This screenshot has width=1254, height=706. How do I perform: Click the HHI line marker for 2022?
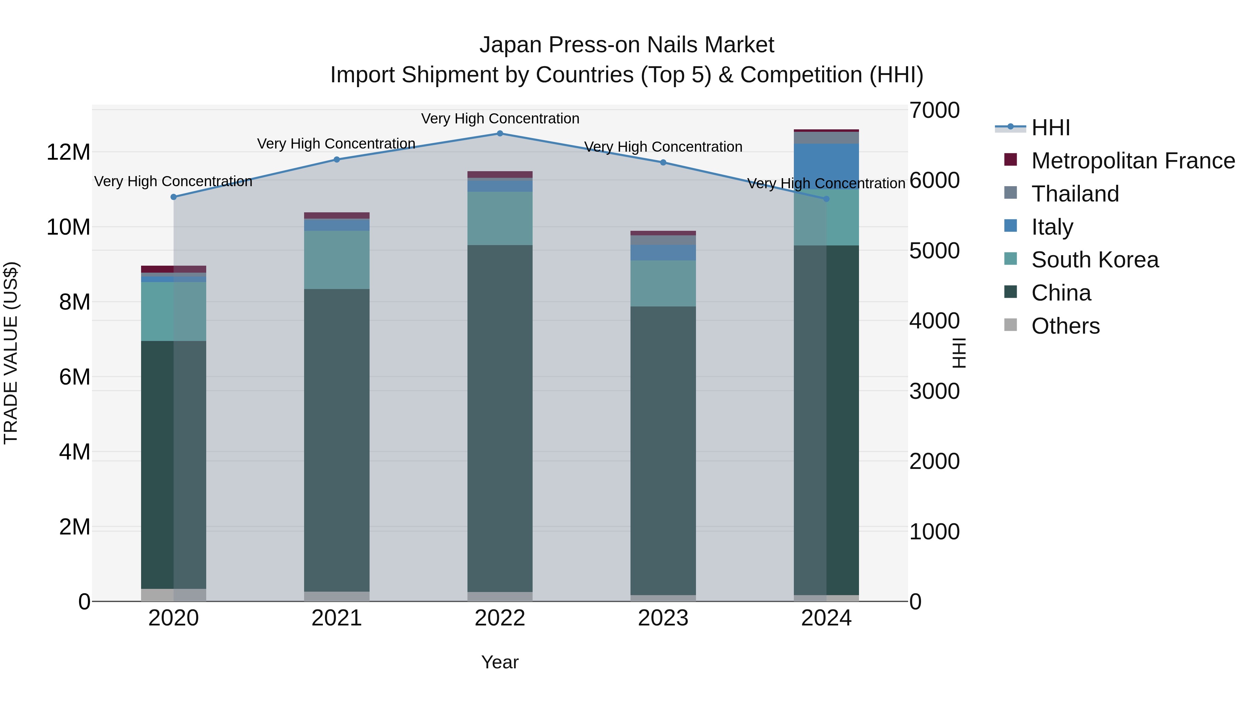tap(500, 134)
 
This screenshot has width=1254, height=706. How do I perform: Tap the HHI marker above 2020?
tap(174, 197)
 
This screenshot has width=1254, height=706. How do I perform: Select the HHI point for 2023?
tap(663, 163)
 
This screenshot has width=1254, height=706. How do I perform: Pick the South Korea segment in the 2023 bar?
tap(663, 283)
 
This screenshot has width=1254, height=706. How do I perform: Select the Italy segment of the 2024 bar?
tap(826, 166)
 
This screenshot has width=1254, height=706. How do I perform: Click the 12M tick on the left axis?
tap(68, 152)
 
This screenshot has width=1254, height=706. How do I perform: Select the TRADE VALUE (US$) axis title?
tap(11, 353)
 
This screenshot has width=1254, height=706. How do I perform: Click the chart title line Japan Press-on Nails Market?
tap(627, 45)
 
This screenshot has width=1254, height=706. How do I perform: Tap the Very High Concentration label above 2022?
tap(500, 119)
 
